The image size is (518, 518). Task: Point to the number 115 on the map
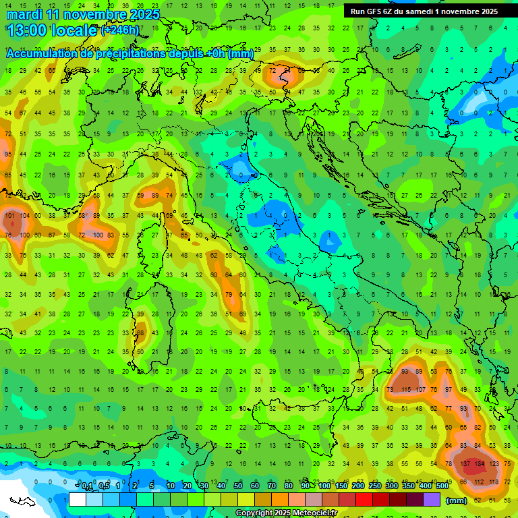[406, 390]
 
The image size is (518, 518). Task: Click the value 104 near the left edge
[25, 216]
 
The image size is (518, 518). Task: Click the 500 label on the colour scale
[442, 486]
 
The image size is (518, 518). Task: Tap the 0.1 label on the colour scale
[87, 486]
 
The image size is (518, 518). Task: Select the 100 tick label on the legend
[324, 486]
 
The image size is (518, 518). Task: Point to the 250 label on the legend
[374, 486]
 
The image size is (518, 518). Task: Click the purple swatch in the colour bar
[432, 500]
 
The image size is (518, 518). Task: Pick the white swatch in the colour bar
[78, 500]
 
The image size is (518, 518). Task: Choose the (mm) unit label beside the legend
[457, 500]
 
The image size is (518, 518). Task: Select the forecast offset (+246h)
[120, 31]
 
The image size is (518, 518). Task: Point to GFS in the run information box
[374, 11]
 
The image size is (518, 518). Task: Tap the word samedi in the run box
[422, 11]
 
